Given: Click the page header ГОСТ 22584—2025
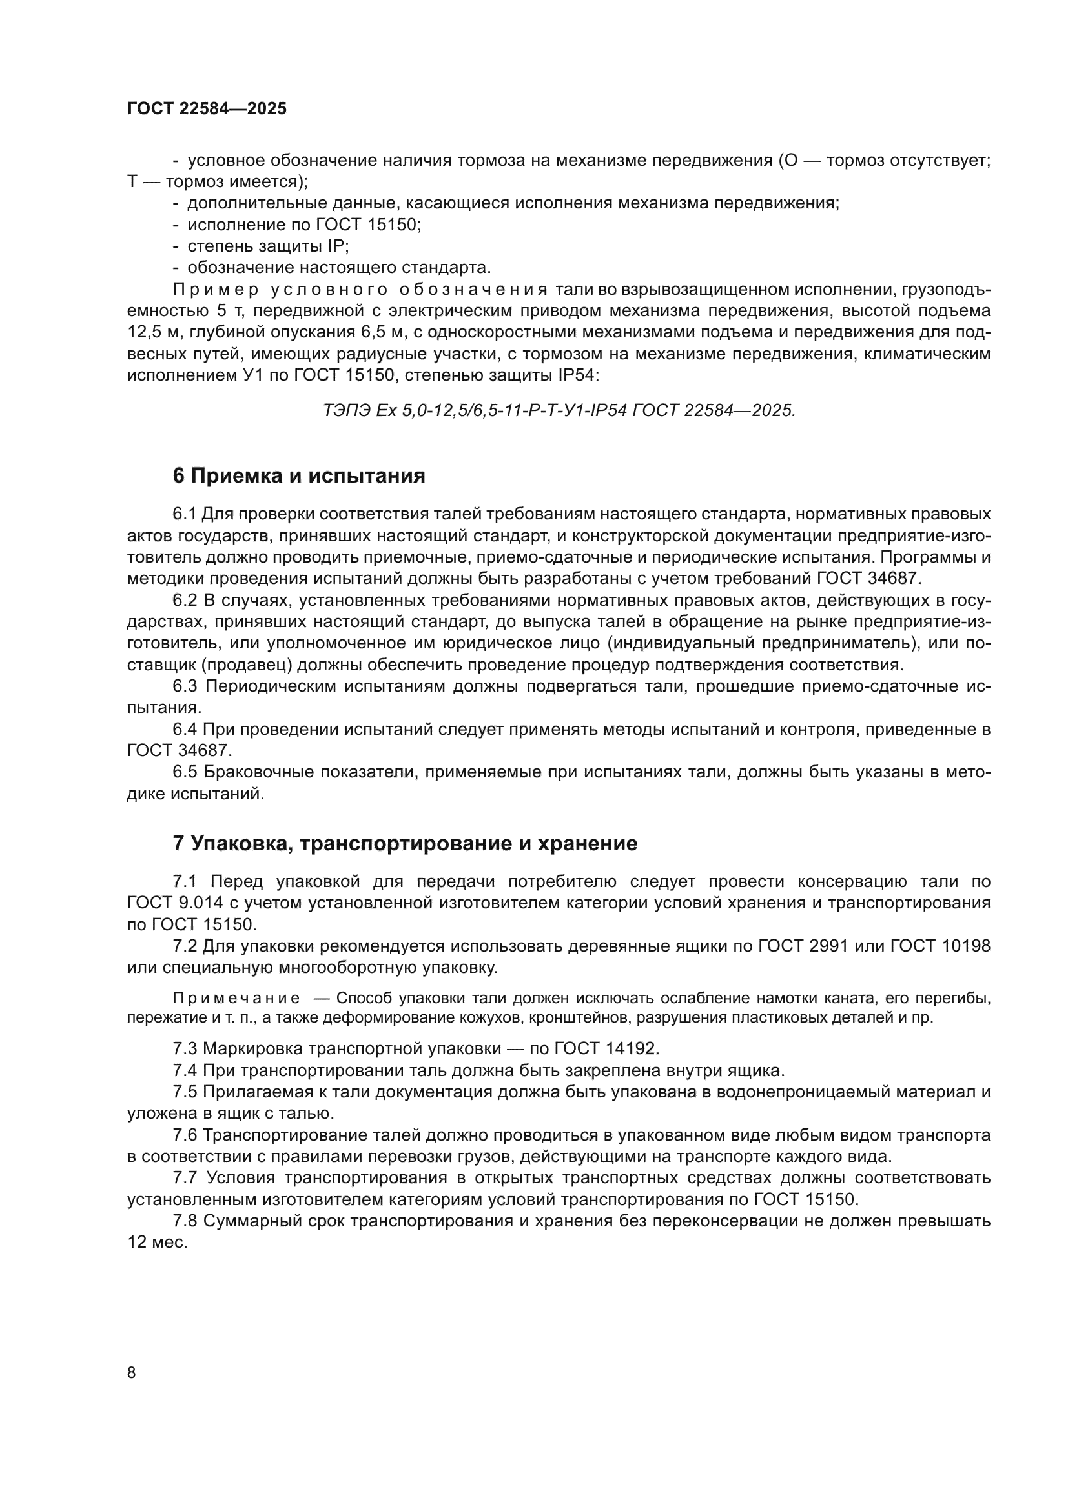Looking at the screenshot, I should [x=207, y=109].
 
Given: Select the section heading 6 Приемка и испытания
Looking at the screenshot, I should [x=298, y=476].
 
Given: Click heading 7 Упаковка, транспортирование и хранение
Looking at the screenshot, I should [x=404, y=843].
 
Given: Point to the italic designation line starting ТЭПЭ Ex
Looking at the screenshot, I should [x=559, y=411].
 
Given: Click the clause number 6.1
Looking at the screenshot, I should [x=185, y=514].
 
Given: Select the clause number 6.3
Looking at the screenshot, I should [x=185, y=686].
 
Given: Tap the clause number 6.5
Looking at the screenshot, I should [x=185, y=772].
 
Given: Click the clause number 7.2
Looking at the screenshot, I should [x=185, y=946].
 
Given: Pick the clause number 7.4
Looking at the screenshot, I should [x=185, y=1071].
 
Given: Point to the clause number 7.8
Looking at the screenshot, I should [x=185, y=1221].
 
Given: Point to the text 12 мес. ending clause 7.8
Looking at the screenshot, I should [x=158, y=1243].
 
